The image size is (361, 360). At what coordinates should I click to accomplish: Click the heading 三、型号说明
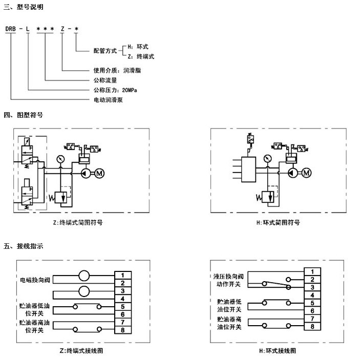[x=23, y=8]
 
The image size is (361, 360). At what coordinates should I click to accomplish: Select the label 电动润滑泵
[x=108, y=100]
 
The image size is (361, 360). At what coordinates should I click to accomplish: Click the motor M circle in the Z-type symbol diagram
[x=100, y=174]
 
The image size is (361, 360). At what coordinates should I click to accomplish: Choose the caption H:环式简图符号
[x=278, y=223]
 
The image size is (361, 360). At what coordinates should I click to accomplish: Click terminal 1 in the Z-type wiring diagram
[x=123, y=276]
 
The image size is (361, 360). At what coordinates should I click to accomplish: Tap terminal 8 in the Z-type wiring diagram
[x=123, y=330]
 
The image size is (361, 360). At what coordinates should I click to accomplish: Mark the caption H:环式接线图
[x=278, y=351]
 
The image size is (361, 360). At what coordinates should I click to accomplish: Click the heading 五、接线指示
[x=23, y=246]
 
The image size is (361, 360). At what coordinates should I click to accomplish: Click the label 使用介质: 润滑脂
[x=117, y=70]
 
